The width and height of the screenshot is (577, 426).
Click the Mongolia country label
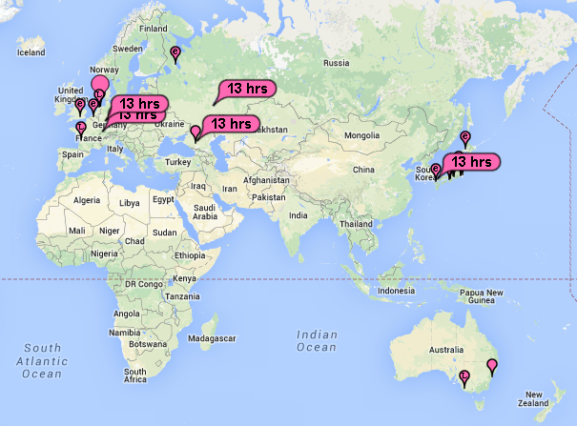pos(361,136)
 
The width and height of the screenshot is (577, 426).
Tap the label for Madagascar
pos(214,338)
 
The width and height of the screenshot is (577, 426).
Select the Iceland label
pos(31,51)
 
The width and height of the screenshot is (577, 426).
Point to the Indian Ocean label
pos(317,340)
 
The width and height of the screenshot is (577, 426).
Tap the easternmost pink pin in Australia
pos(492,365)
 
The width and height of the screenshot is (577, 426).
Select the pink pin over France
pos(80,127)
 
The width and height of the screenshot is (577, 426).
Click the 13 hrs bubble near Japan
pos(471,162)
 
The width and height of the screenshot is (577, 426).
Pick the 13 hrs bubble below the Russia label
pos(246,89)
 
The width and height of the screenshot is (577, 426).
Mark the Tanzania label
pos(182,296)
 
